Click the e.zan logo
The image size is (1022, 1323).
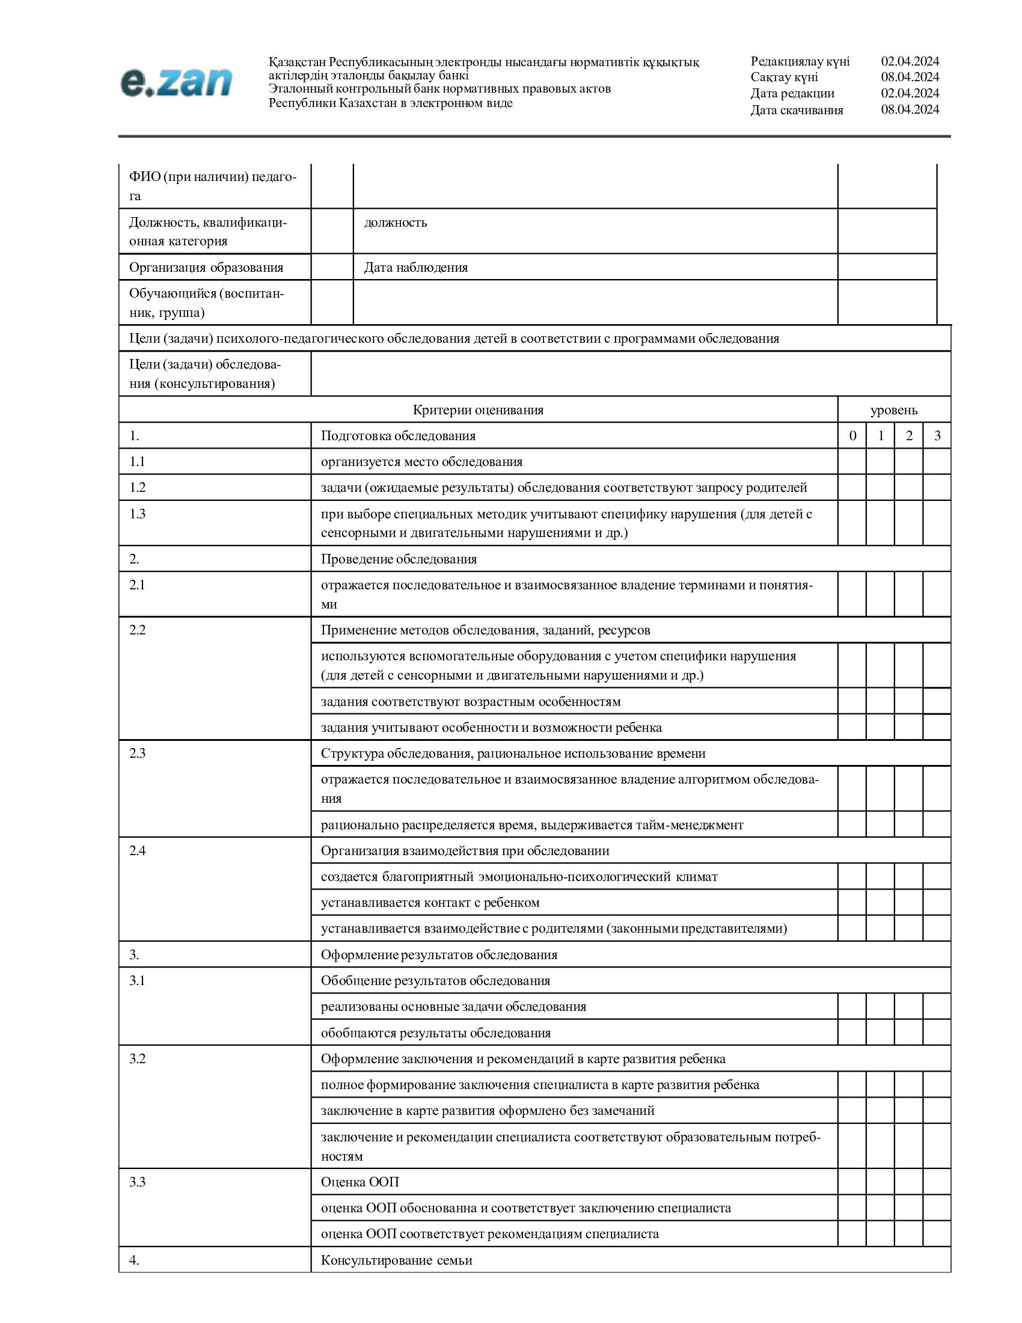176,82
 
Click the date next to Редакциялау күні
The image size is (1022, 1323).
910,61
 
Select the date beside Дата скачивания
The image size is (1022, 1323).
910,109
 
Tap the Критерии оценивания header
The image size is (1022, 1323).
478,410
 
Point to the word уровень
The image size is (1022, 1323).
893,410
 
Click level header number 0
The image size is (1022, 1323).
852,436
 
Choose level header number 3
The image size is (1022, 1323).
937,436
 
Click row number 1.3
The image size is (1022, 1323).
138,514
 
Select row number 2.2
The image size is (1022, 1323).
138,630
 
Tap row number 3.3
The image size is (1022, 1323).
138,1182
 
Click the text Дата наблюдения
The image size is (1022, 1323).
416,268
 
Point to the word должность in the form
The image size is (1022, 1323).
396,223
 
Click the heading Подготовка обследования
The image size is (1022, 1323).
398,436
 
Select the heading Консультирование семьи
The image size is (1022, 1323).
396,1260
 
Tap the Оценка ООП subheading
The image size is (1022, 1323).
360,1182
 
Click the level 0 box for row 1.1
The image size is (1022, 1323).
852,462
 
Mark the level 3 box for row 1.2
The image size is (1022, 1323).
937,488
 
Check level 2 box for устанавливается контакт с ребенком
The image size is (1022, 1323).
909,903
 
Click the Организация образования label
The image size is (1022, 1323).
206,268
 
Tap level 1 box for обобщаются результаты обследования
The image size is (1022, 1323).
880,1033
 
